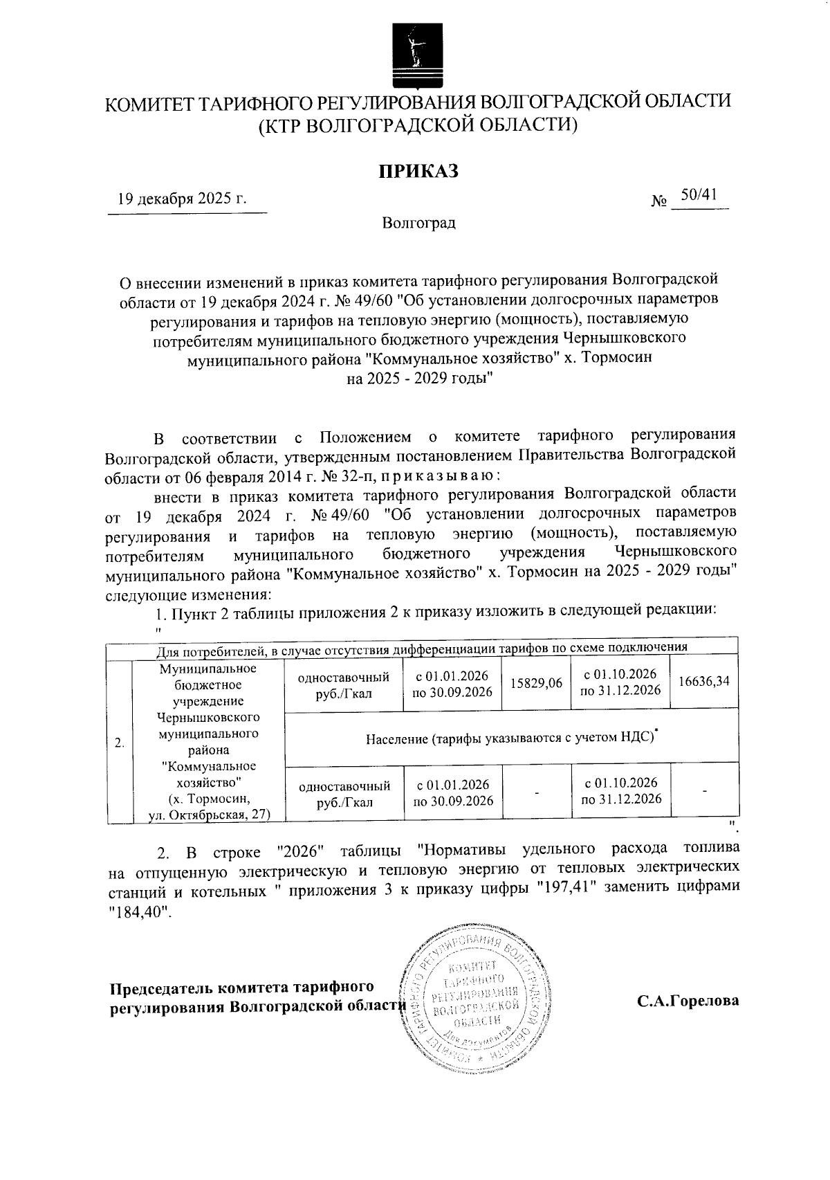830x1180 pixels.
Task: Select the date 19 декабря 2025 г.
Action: (x=183, y=200)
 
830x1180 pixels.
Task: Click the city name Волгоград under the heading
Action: (x=418, y=223)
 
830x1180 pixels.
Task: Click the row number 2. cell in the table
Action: (x=120, y=743)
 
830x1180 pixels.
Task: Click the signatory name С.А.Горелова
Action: (x=688, y=1001)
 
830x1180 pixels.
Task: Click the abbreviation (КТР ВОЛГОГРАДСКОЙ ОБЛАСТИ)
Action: (x=418, y=127)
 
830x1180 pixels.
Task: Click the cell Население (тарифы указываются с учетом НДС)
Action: (x=511, y=737)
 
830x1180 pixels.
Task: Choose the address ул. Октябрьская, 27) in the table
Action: (x=210, y=815)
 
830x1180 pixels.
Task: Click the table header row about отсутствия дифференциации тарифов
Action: (x=421, y=648)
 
